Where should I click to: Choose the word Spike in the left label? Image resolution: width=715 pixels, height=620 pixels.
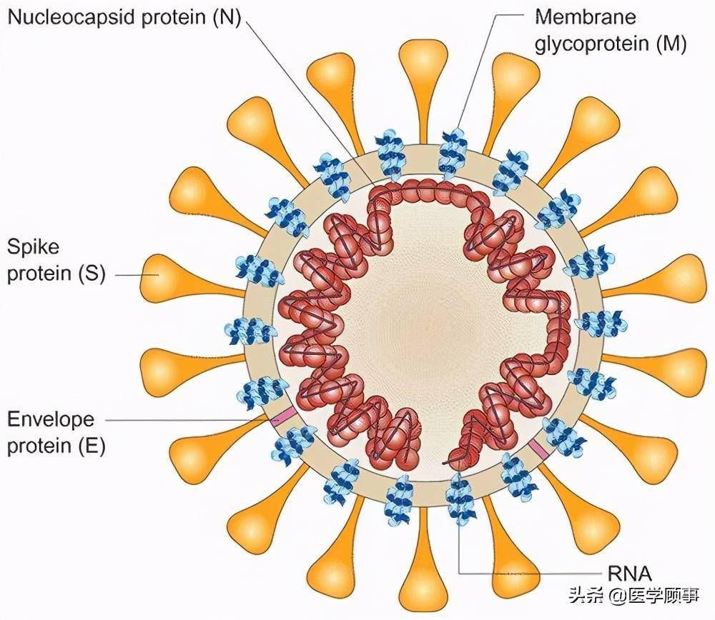[x=33, y=247]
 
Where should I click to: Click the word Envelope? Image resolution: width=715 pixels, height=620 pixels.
[x=50, y=419]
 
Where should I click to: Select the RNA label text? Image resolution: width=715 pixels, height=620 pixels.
[x=628, y=572]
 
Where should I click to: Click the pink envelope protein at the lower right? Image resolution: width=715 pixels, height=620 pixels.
[x=538, y=449]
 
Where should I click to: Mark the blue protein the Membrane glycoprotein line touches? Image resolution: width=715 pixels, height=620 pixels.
[x=452, y=151]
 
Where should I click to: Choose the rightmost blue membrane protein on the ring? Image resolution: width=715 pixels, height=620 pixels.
[x=601, y=324]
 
